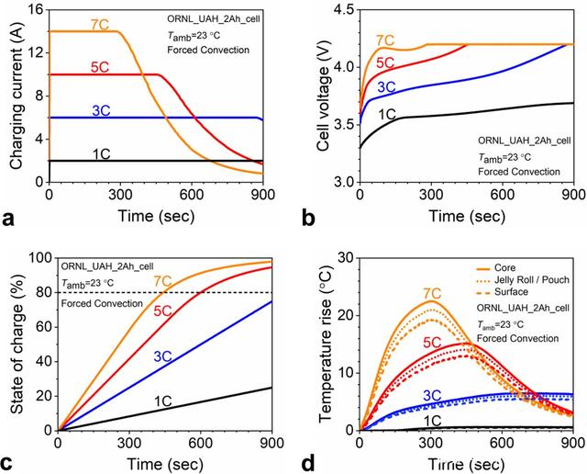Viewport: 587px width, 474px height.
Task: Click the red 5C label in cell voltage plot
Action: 386,63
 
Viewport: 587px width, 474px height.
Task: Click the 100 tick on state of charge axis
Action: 39,257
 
